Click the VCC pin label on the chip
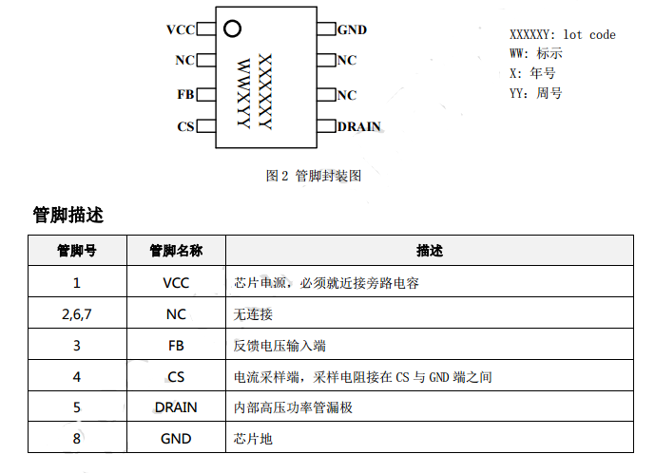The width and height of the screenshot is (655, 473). pyautogui.click(x=180, y=30)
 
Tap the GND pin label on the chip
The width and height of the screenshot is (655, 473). pyautogui.click(x=352, y=30)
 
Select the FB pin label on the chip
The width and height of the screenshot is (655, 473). pyautogui.click(x=185, y=95)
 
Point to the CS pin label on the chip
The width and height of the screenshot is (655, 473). pyautogui.click(x=185, y=127)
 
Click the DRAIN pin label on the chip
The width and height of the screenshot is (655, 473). pyautogui.click(x=359, y=127)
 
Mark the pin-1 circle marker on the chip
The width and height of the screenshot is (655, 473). pyautogui.click(x=232, y=28)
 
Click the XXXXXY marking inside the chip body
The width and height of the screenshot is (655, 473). pyautogui.click(x=265, y=91)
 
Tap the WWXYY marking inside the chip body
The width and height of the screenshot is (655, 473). pyautogui.click(x=243, y=93)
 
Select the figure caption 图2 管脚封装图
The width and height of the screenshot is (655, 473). pyautogui.click(x=313, y=176)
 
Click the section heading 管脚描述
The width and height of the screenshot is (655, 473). pyautogui.click(x=67, y=216)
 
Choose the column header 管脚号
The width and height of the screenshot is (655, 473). pyautogui.click(x=76, y=251)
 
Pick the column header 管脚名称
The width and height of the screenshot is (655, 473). pyautogui.click(x=176, y=251)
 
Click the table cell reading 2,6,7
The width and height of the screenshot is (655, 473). pyautogui.click(x=76, y=313)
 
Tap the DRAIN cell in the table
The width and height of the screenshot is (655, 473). pyautogui.click(x=176, y=407)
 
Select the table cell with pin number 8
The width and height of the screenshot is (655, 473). pyautogui.click(x=76, y=439)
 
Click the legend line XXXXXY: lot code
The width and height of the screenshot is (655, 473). pyautogui.click(x=563, y=35)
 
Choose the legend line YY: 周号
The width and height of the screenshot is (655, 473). pyautogui.click(x=536, y=93)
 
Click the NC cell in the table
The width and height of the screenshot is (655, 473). pyautogui.click(x=176, y=313)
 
